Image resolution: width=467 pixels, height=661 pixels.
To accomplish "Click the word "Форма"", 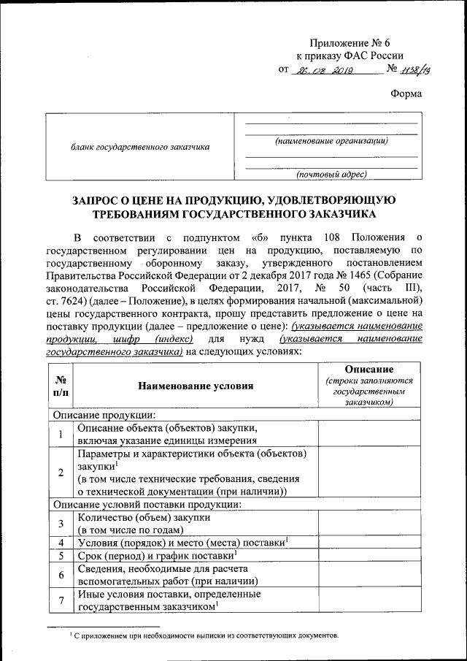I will pyautogui.click(x=406, y=93).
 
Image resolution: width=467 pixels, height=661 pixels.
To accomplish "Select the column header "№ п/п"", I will pyautogui.click(x=61, y=385).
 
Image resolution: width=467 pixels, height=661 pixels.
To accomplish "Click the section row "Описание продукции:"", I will pyautogui.click(x=103, y=415).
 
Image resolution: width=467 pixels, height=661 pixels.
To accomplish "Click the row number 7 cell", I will pyautogui.click(x=61, y=600).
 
